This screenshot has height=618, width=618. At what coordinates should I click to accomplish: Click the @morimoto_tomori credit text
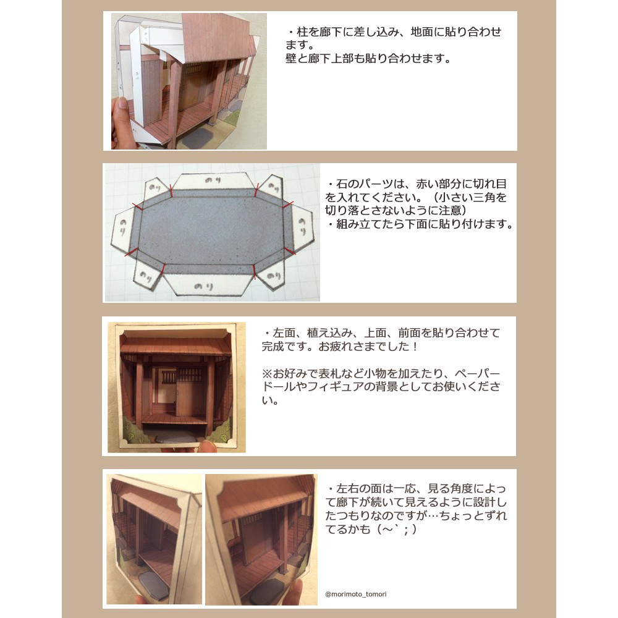click(x=355, y=594)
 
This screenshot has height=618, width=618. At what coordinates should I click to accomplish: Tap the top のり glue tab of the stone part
click(x=213, y=181)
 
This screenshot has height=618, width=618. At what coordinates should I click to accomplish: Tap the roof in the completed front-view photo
click(x=176, y=344)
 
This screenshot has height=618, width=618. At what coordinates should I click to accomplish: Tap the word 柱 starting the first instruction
click(x=302, y=32)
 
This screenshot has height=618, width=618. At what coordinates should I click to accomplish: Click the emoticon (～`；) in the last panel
click(x=397, y=529)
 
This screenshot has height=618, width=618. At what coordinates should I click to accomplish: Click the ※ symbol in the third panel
click(x=267, y=373)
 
